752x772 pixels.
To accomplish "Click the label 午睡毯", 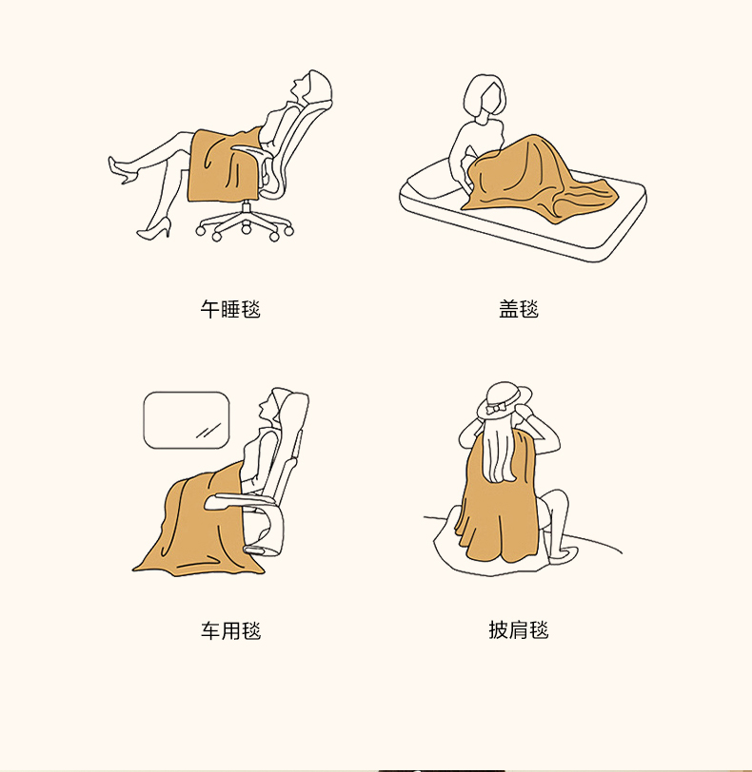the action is click(x=230, y=309).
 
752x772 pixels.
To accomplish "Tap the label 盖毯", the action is click(x=519, y=309).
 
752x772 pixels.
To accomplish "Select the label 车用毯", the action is click(x=230, y=630).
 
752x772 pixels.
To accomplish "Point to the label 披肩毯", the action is click(x=519, y=629).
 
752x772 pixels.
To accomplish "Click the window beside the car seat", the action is click(x=187, y=420).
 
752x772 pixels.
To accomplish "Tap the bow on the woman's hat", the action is click(x=493, y=409).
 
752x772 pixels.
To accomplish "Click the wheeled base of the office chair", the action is click(x=245, y=224).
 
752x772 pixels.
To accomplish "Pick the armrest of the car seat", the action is click(x=240, y=501).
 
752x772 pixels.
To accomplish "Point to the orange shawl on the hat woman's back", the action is click(x=498, y=507).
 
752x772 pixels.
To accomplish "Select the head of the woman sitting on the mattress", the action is click(x=485, y=98).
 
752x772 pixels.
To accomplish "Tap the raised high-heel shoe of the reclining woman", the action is click(x=122, y=170).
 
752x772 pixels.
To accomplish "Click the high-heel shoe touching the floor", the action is click(x=155, y=229).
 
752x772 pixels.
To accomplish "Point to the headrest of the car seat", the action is click(x=293, y=409).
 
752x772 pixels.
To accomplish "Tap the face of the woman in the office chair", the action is click(x=298, y=88).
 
